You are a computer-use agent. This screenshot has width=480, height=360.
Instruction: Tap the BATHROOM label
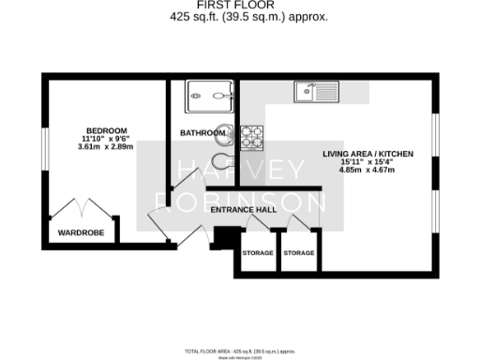click(x=202, y=133)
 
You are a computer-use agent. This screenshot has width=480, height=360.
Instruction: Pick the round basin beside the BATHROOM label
click(x=224, y=133)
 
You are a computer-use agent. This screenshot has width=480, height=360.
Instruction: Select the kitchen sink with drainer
click(x=316, y=92)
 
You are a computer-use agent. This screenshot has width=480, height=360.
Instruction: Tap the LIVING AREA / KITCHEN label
click(x=367, y=153)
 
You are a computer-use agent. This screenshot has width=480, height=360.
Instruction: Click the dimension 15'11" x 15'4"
click(x=367, y=162)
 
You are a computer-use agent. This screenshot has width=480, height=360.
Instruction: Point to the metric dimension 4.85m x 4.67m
click(x=367, y=171)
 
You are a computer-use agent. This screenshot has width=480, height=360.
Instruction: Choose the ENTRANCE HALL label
click(x=243, y=209)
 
